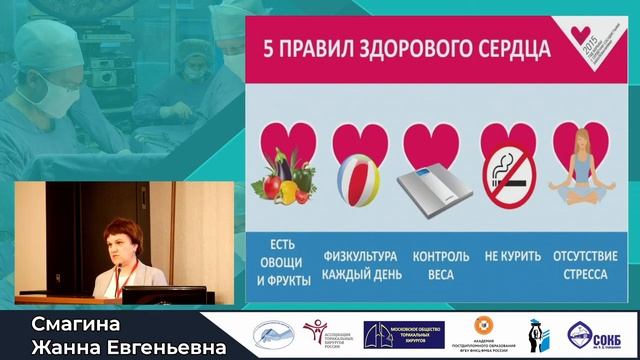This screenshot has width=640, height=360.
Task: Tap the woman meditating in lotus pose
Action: click(584, 170)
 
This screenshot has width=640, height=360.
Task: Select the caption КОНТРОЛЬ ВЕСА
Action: click(434, 263)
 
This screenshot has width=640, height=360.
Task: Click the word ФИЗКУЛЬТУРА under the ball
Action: click(360, 255)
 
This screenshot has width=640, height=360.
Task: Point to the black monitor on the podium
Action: click(164, 295)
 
